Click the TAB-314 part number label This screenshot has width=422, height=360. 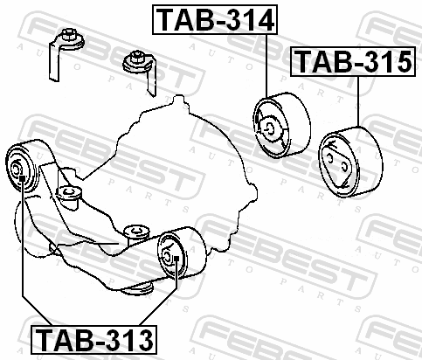click(215, 20)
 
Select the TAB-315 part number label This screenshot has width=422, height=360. click(353, 61)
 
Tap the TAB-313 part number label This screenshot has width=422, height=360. click(94, 340)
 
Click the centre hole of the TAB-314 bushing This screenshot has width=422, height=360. click(269, 128)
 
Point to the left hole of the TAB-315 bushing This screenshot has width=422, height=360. click(330, 158)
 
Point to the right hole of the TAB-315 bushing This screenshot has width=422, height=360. click(344, 167)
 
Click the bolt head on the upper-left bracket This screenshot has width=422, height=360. click(69, 34)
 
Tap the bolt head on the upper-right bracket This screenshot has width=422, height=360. click(136, 57)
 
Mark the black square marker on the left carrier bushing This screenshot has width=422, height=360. click(22, 178)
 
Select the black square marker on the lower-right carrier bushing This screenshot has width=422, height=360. click(176, 259)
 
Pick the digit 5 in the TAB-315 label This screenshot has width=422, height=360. click(402, 61)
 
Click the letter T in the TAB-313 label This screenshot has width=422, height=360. click(45, 340)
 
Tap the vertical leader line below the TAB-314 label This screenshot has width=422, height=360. click(266, 66)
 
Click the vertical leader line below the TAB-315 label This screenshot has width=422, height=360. click(357, 101)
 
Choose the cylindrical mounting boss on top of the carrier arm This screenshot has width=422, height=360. click(69, 197)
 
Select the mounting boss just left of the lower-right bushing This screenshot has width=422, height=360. click(136, 233)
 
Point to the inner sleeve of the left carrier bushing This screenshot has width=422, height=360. click(16, 170)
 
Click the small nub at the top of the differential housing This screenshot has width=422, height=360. click(178, 100)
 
